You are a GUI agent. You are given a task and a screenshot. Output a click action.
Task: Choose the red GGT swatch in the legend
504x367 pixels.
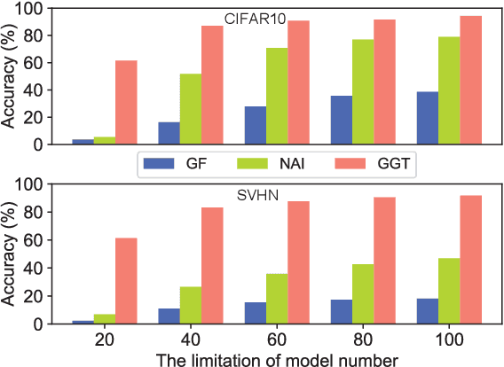[354, 164]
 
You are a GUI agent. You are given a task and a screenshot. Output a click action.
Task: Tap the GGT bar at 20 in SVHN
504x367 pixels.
[126, 281]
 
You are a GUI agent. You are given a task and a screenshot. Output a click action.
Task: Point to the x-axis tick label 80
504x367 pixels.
[361, 339]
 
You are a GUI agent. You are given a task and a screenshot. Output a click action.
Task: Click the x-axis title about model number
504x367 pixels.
[275, 357]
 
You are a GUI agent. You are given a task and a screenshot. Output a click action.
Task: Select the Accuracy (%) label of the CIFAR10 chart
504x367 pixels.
[10, 75]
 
